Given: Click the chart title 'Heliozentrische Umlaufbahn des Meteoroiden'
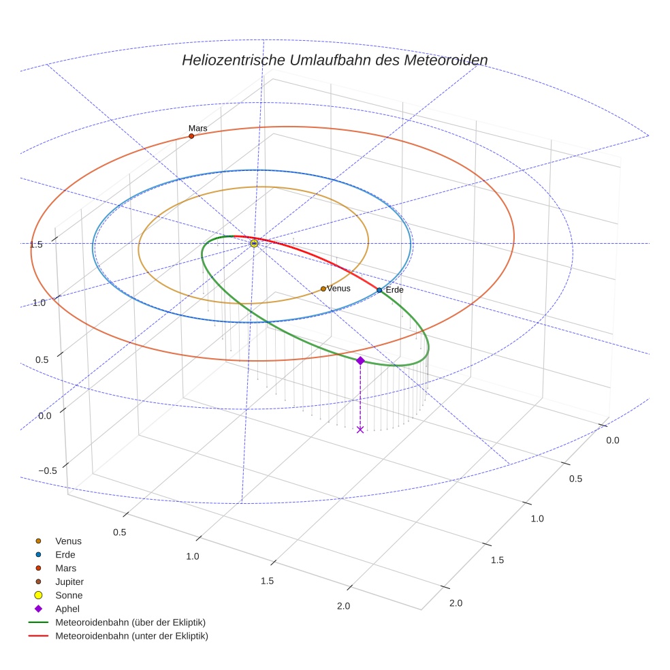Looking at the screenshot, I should point(334,60).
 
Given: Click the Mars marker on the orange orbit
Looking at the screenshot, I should point(191,136).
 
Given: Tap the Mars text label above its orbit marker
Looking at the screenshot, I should point(197,128).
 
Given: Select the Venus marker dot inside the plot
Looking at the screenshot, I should point(323,289).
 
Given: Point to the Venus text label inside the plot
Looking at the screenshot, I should point(338,289).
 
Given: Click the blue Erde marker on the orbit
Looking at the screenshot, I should point(379,290).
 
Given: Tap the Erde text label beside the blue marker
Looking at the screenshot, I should point(395,290).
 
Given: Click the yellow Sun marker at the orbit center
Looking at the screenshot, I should point(254,243).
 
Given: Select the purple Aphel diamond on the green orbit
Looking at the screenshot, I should point(360,360).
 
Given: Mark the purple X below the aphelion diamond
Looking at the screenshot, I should point(360,429).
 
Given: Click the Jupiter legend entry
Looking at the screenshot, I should point(69,581).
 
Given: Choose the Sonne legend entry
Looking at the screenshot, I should point(69,595).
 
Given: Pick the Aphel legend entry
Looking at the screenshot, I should point(67,609).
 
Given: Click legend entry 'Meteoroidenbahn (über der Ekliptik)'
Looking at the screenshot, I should point(130,622).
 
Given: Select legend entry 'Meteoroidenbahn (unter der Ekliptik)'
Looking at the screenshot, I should point(131,636).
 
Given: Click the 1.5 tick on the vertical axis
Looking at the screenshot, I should point(37,244).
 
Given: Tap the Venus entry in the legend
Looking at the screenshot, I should point(68,541).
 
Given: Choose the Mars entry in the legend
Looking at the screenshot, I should point(65,568).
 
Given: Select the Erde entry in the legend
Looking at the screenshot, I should point(65,554).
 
